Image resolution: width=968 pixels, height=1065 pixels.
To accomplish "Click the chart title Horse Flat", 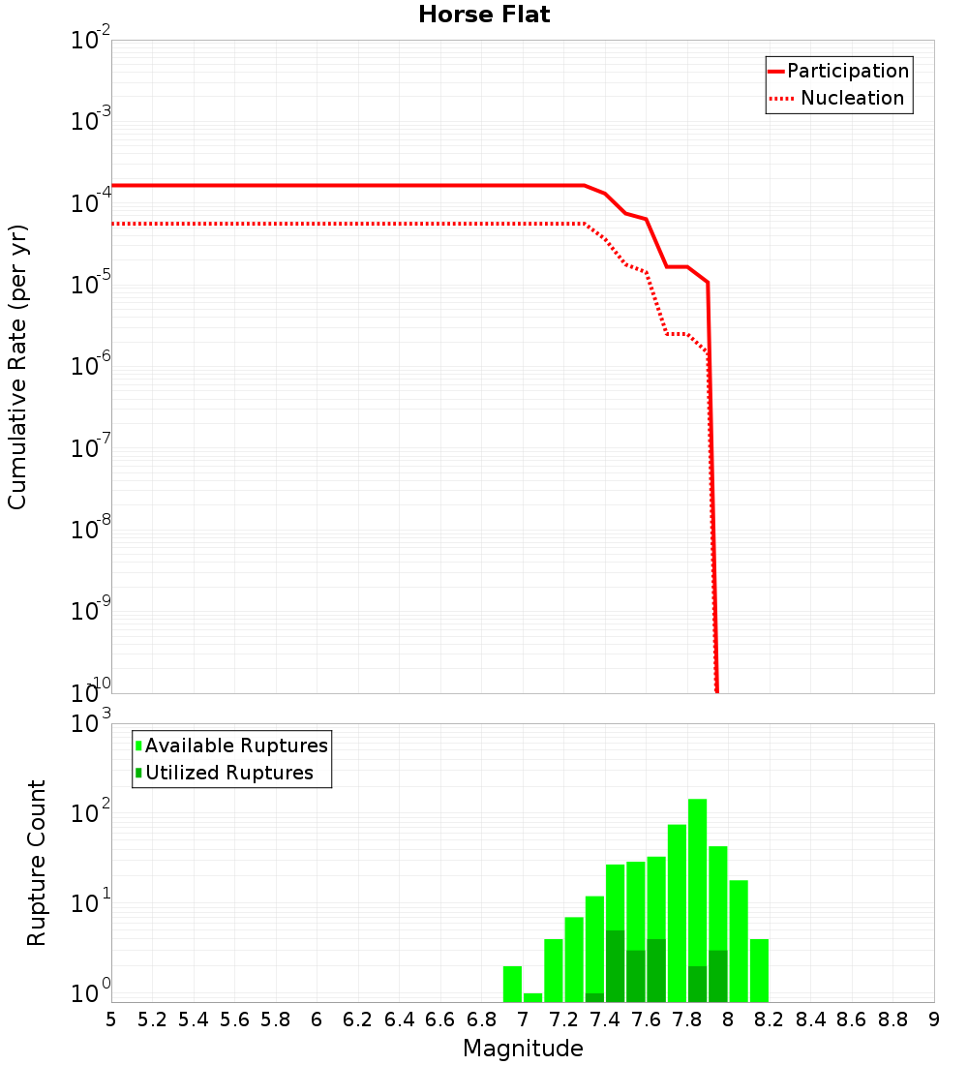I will [x=484, y=15].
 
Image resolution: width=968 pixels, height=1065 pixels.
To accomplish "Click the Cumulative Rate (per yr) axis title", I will [x=17, y=366].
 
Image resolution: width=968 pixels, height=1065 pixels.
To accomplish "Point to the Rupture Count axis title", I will [x=37, y=863].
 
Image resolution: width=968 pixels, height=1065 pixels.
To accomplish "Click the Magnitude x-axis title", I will [x=523, y=1049].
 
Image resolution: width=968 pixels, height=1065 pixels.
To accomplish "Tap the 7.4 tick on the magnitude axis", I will [x=605, y=1019].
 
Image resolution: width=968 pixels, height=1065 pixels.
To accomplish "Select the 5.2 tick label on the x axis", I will [x=152, y=1019].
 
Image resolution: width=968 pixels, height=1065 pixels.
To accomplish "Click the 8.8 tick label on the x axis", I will [x=892, y=1019].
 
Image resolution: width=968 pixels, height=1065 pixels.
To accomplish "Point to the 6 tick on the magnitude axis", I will [x=317, y=1019].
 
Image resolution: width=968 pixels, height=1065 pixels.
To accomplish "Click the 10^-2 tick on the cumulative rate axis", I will [x=91, y=41].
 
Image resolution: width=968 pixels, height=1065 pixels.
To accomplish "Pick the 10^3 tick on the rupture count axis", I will [x=91, y=724].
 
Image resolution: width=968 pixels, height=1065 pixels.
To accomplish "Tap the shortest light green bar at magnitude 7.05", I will [x=532, y=997].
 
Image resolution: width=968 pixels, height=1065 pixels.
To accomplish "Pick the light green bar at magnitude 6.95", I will [x=512, y=984].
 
